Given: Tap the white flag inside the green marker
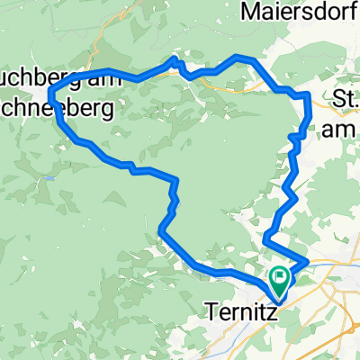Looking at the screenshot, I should pyautogui.click(x=280, y=278).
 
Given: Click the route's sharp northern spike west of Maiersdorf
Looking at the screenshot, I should pyautogui.click(x=175, y=59).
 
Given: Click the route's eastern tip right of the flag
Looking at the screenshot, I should pyautogui.click(x=308, y=261).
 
